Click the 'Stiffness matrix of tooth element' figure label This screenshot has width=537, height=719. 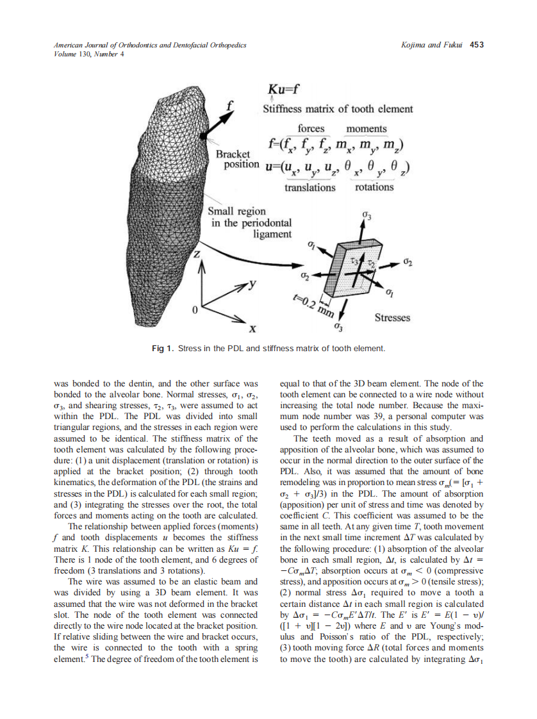pyautogui.click(x=338, y=109)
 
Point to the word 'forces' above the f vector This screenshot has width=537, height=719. pyautogui.click(x=311, y=128)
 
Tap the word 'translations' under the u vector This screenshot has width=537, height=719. pyautogui.click(x=310, y=188)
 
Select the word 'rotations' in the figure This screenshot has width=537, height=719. pyautogui.click(x=374, y=187)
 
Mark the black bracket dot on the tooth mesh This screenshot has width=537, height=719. pyautogui.click(x=203, y=136)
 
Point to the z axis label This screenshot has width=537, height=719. pyautogui.click(x=198, y=254)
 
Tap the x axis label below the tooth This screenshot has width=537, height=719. pyautogui.click(x=252, y=329)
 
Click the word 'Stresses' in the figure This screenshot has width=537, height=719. pyautogui.click(x=392, y=318)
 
